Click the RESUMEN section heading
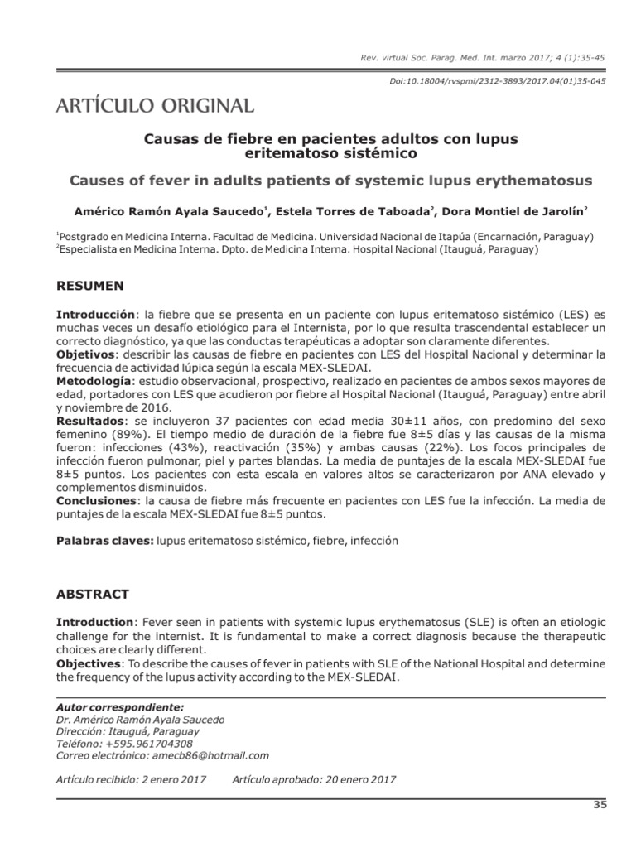point(89,286)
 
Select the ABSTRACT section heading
point(92,594)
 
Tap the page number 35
point(600,805)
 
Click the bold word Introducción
point(94,315)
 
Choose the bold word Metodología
point(93,381)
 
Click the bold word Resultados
point(88,421)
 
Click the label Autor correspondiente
point(118,707)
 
